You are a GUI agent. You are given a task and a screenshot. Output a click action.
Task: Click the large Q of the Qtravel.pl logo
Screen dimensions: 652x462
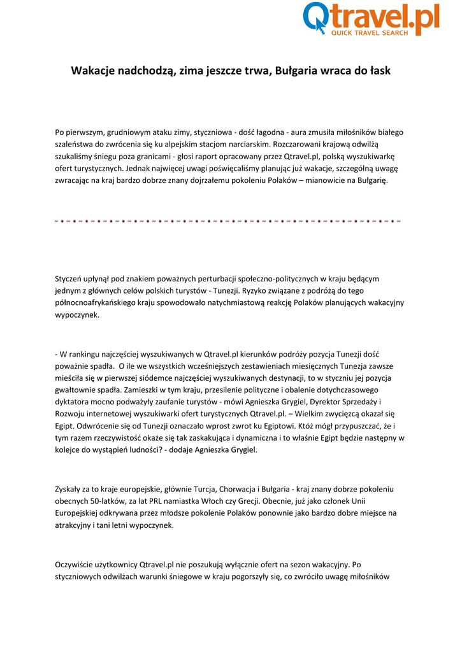coord(316,17)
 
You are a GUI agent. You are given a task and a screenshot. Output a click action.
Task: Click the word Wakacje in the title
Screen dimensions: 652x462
coord(92,71)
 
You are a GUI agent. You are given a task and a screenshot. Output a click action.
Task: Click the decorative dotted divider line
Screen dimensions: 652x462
coord(229,222)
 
